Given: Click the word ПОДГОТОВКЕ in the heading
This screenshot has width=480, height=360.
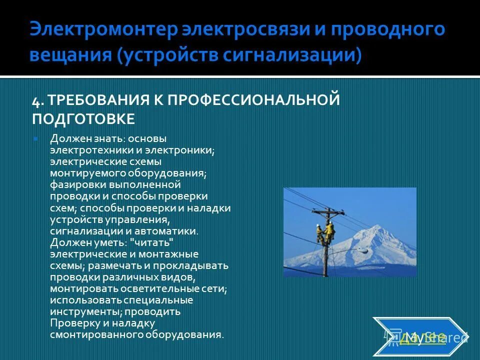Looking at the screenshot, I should click(x=83, y=119).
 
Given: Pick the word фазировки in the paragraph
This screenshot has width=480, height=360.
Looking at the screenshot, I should click(x=71, y=184).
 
